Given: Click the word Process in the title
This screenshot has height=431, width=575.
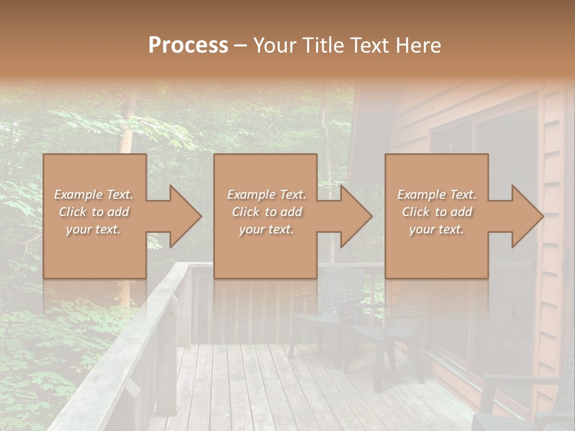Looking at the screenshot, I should point(188,45).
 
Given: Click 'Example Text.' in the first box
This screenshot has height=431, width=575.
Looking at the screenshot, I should point(94,195).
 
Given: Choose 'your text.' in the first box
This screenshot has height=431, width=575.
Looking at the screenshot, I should point(94,229).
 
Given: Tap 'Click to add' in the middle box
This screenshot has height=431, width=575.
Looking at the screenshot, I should point(267,212).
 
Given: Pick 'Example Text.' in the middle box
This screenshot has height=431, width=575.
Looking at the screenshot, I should point(267,195).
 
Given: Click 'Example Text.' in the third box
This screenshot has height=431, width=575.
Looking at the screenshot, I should point(437,195).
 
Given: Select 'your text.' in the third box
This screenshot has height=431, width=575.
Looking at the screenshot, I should point(437,229).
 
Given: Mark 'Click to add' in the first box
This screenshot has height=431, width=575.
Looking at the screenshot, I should point(94,212).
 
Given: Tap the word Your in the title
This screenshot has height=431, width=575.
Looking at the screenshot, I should point(274,45).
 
